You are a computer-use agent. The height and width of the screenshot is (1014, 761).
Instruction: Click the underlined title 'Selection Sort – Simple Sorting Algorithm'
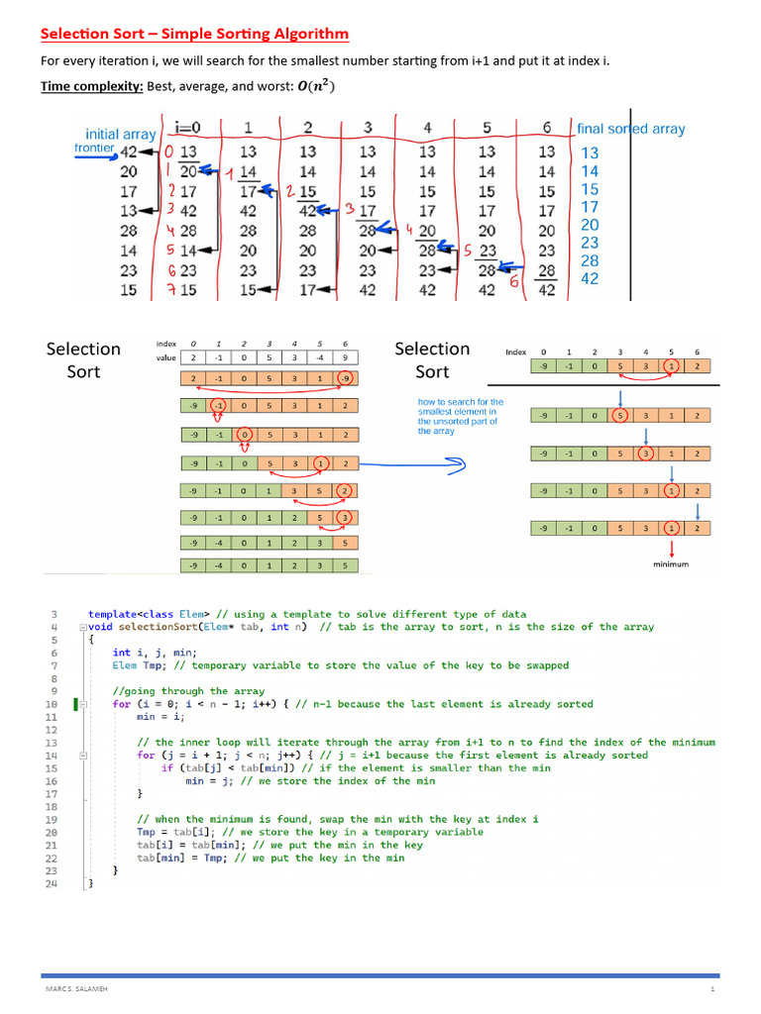pyautogui.click(x=194, y=35)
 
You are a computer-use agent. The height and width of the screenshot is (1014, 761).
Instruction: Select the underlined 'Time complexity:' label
pyautogui.click(x=91, y=86)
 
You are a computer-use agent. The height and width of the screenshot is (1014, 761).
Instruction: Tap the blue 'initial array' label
pyautogui.click(x=121, y=134)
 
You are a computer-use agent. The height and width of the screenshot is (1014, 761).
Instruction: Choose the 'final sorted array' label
pyautogui.click(x=630, y=129)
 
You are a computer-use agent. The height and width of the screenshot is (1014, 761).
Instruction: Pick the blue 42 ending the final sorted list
pyautogui.click(x=590, y=279)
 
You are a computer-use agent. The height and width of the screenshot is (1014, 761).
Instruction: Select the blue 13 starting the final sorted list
pyautogui.click(x=590, y=153)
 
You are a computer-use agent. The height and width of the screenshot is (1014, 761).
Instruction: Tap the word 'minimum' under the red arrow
pyautogui.click(x=671, y=564)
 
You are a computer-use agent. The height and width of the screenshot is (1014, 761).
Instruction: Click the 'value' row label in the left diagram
pyautogui.click(x=166, y=357)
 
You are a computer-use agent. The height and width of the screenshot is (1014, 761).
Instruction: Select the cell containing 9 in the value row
pyautogui.click(x=343, y=357)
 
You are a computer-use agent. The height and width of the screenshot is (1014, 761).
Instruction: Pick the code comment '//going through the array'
pyautogui.click(x=188, y=691)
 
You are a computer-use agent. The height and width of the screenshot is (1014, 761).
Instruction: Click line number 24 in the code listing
pyautogui.click(x=53, y=883)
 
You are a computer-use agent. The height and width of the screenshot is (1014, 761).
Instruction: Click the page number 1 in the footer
pyautogui.click(x=711, y=990)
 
